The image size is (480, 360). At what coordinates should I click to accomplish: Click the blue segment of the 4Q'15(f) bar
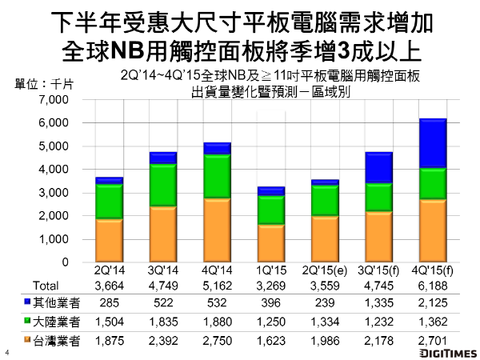click(x=432, y=143)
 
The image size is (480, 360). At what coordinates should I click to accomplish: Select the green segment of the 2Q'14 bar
click(x=109, y=201)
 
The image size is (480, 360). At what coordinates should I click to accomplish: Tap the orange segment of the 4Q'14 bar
click(x=218, y=230)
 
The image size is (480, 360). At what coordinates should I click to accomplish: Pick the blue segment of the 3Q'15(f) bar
click(x=378, y=167)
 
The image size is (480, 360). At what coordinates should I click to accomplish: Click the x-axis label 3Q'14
click(x=163, y=272)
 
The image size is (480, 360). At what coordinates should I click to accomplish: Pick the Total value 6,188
click(x=432, y=286)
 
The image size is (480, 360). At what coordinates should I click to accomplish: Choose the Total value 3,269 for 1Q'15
click(x=271, y=286)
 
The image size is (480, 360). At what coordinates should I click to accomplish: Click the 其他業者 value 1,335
click(x=378, y=304)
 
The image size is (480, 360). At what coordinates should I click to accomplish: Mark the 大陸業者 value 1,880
click(x=218, y=323)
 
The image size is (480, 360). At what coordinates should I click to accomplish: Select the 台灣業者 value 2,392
click(x=163, y=342)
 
